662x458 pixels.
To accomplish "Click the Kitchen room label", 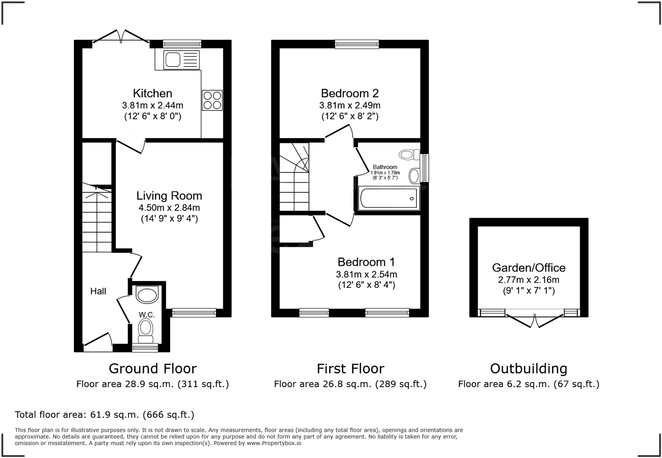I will tap(152, 93).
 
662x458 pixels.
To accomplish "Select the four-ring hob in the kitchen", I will tap(212, 101).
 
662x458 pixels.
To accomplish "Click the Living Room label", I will tap(169, 196).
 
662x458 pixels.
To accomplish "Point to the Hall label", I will tap(98, 291).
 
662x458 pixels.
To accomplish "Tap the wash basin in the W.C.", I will tap(147, 295).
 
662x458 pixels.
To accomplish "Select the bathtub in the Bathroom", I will tap(388, 198).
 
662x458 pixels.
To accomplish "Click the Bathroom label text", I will tap(385, 167).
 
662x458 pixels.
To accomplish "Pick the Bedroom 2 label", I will tap(350, 93).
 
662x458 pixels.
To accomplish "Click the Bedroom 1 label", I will tap(366, 262).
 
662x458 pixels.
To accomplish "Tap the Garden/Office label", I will tap(528, 268).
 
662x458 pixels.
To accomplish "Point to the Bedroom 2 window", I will tap(356, 44).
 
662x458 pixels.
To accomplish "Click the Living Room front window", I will tap(194, 313).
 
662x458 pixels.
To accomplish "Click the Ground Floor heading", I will tap(152, 368).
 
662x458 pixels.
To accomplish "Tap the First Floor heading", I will tap(350, 368).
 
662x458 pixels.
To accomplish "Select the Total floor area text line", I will tap(104, 415).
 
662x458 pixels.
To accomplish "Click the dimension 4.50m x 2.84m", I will tap(169, 208).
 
